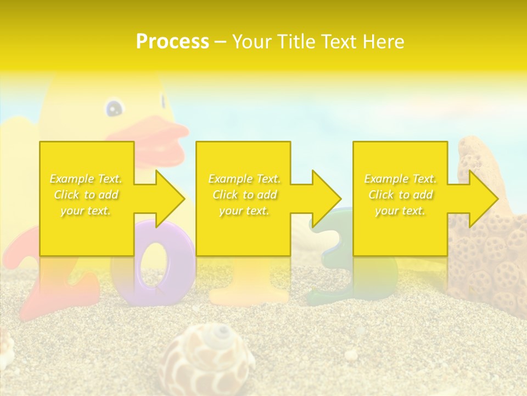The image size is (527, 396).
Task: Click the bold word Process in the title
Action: click(172, 42)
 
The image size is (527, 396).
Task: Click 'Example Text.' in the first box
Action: click(86, 179)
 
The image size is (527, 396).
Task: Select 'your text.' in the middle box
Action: click(244, 211)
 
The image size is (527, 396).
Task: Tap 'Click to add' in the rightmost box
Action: click(401, 195)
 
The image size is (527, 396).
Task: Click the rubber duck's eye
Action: click(114, 108)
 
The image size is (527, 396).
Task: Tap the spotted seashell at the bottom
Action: click(209, 360)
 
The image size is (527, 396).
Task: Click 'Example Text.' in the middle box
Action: click(244, 179)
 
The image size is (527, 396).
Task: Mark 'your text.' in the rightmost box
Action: click(401, 211)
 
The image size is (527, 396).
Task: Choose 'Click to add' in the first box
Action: click(86, 195)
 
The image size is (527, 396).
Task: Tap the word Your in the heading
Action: click(253, 42)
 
